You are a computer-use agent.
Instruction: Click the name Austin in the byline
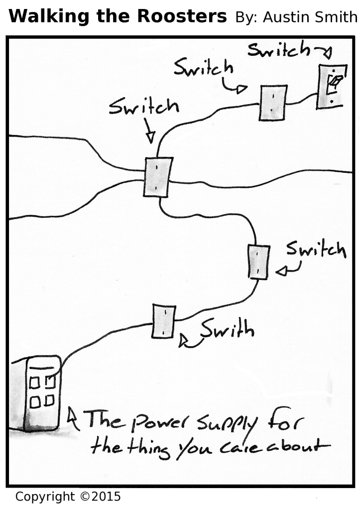(285, 18)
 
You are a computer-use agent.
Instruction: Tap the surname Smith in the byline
(337, 18)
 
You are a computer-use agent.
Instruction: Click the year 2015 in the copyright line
(106, 497)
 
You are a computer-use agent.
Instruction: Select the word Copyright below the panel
(45, 497)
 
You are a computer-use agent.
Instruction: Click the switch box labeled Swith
(164, 321)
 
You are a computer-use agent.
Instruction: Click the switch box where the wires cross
(158, 177)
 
